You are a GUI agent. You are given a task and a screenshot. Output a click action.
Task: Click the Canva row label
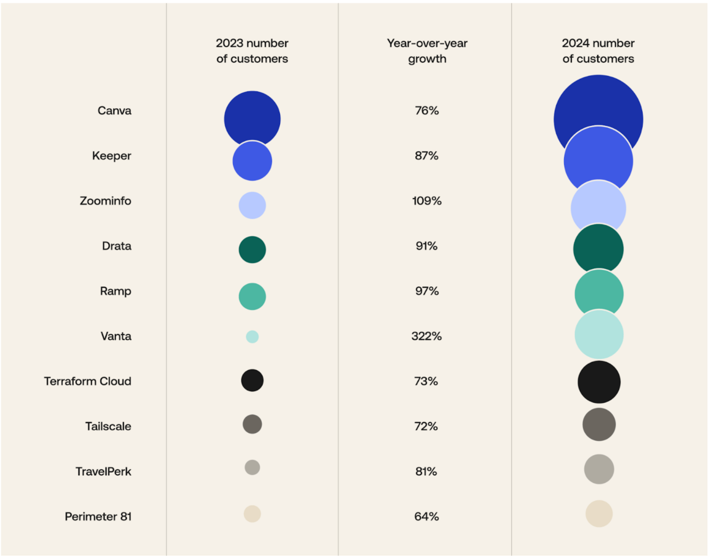tap(114, 111)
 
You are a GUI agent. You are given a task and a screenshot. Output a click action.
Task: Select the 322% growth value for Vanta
tap(426, 336)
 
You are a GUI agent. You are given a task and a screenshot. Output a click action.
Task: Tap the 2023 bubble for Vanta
tap(252, 337)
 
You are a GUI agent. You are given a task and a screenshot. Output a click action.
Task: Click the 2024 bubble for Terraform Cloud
tap(599, 382)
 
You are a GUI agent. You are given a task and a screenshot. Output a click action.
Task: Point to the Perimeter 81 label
tap(98, 517)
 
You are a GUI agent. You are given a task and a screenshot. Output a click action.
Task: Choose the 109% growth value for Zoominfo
tap(426, 201)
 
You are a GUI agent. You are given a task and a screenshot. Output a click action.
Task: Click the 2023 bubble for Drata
tap(252, 249)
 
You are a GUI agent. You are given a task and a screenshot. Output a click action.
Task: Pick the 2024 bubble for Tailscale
tap(599, 424)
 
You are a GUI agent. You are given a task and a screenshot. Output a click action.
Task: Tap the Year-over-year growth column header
tap(427, 51)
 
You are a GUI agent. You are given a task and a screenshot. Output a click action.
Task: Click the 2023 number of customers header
tap(252, 51)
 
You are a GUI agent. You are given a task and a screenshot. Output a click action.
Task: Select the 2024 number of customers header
tap(598, 51)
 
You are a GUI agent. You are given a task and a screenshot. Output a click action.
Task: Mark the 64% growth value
tap(426, 517)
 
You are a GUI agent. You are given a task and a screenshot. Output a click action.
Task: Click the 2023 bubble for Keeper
tap(252, 161)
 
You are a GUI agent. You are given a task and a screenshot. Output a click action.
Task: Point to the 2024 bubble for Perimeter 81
tap(599, 514)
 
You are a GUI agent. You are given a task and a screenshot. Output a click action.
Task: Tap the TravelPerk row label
tap(103, 472)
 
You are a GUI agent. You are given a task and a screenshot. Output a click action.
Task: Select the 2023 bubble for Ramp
tap(252, 297)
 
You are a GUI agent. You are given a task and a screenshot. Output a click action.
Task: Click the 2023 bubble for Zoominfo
tap(252, 205)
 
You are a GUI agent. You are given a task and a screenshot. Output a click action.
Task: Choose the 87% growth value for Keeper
tap(426, 156)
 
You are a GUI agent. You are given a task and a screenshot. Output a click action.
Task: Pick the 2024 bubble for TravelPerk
tap(599, 469)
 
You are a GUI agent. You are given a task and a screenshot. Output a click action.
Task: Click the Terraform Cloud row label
tap(87, 382)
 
